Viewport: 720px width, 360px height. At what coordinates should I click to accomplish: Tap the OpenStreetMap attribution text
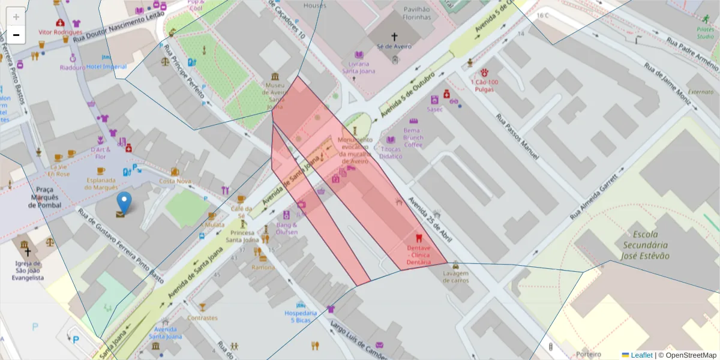tap(687, 355)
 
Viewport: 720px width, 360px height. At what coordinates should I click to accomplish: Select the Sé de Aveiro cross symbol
tap(394, 36)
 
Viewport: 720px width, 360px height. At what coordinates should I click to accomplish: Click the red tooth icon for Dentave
tap(418, 238)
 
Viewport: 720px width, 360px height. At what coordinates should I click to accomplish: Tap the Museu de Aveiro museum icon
tap(275, 77)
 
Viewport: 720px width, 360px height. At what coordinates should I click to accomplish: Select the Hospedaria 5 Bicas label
tap(301, 317)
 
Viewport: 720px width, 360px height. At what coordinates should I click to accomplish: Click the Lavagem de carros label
tap(455, 277)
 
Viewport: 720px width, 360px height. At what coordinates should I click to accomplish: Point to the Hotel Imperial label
tap(106, 66)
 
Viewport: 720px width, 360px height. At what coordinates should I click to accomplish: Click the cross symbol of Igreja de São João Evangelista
tap(27, 252)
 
